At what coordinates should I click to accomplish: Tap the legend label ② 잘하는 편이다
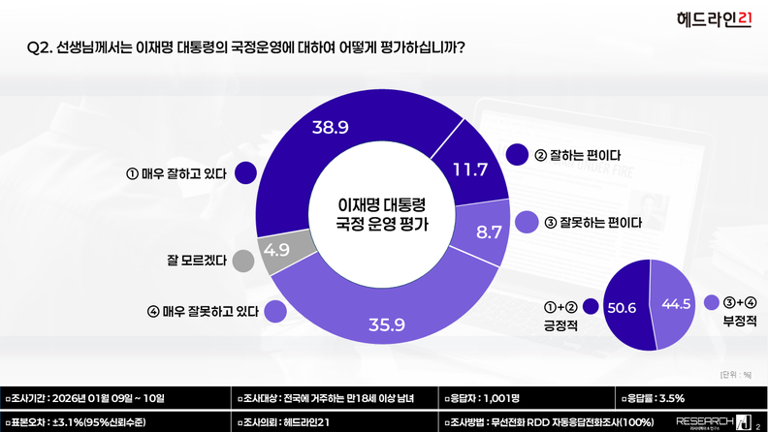click(578, 155)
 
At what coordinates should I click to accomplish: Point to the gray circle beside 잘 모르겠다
click(244, 260)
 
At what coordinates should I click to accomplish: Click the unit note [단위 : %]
click(736, 374)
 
